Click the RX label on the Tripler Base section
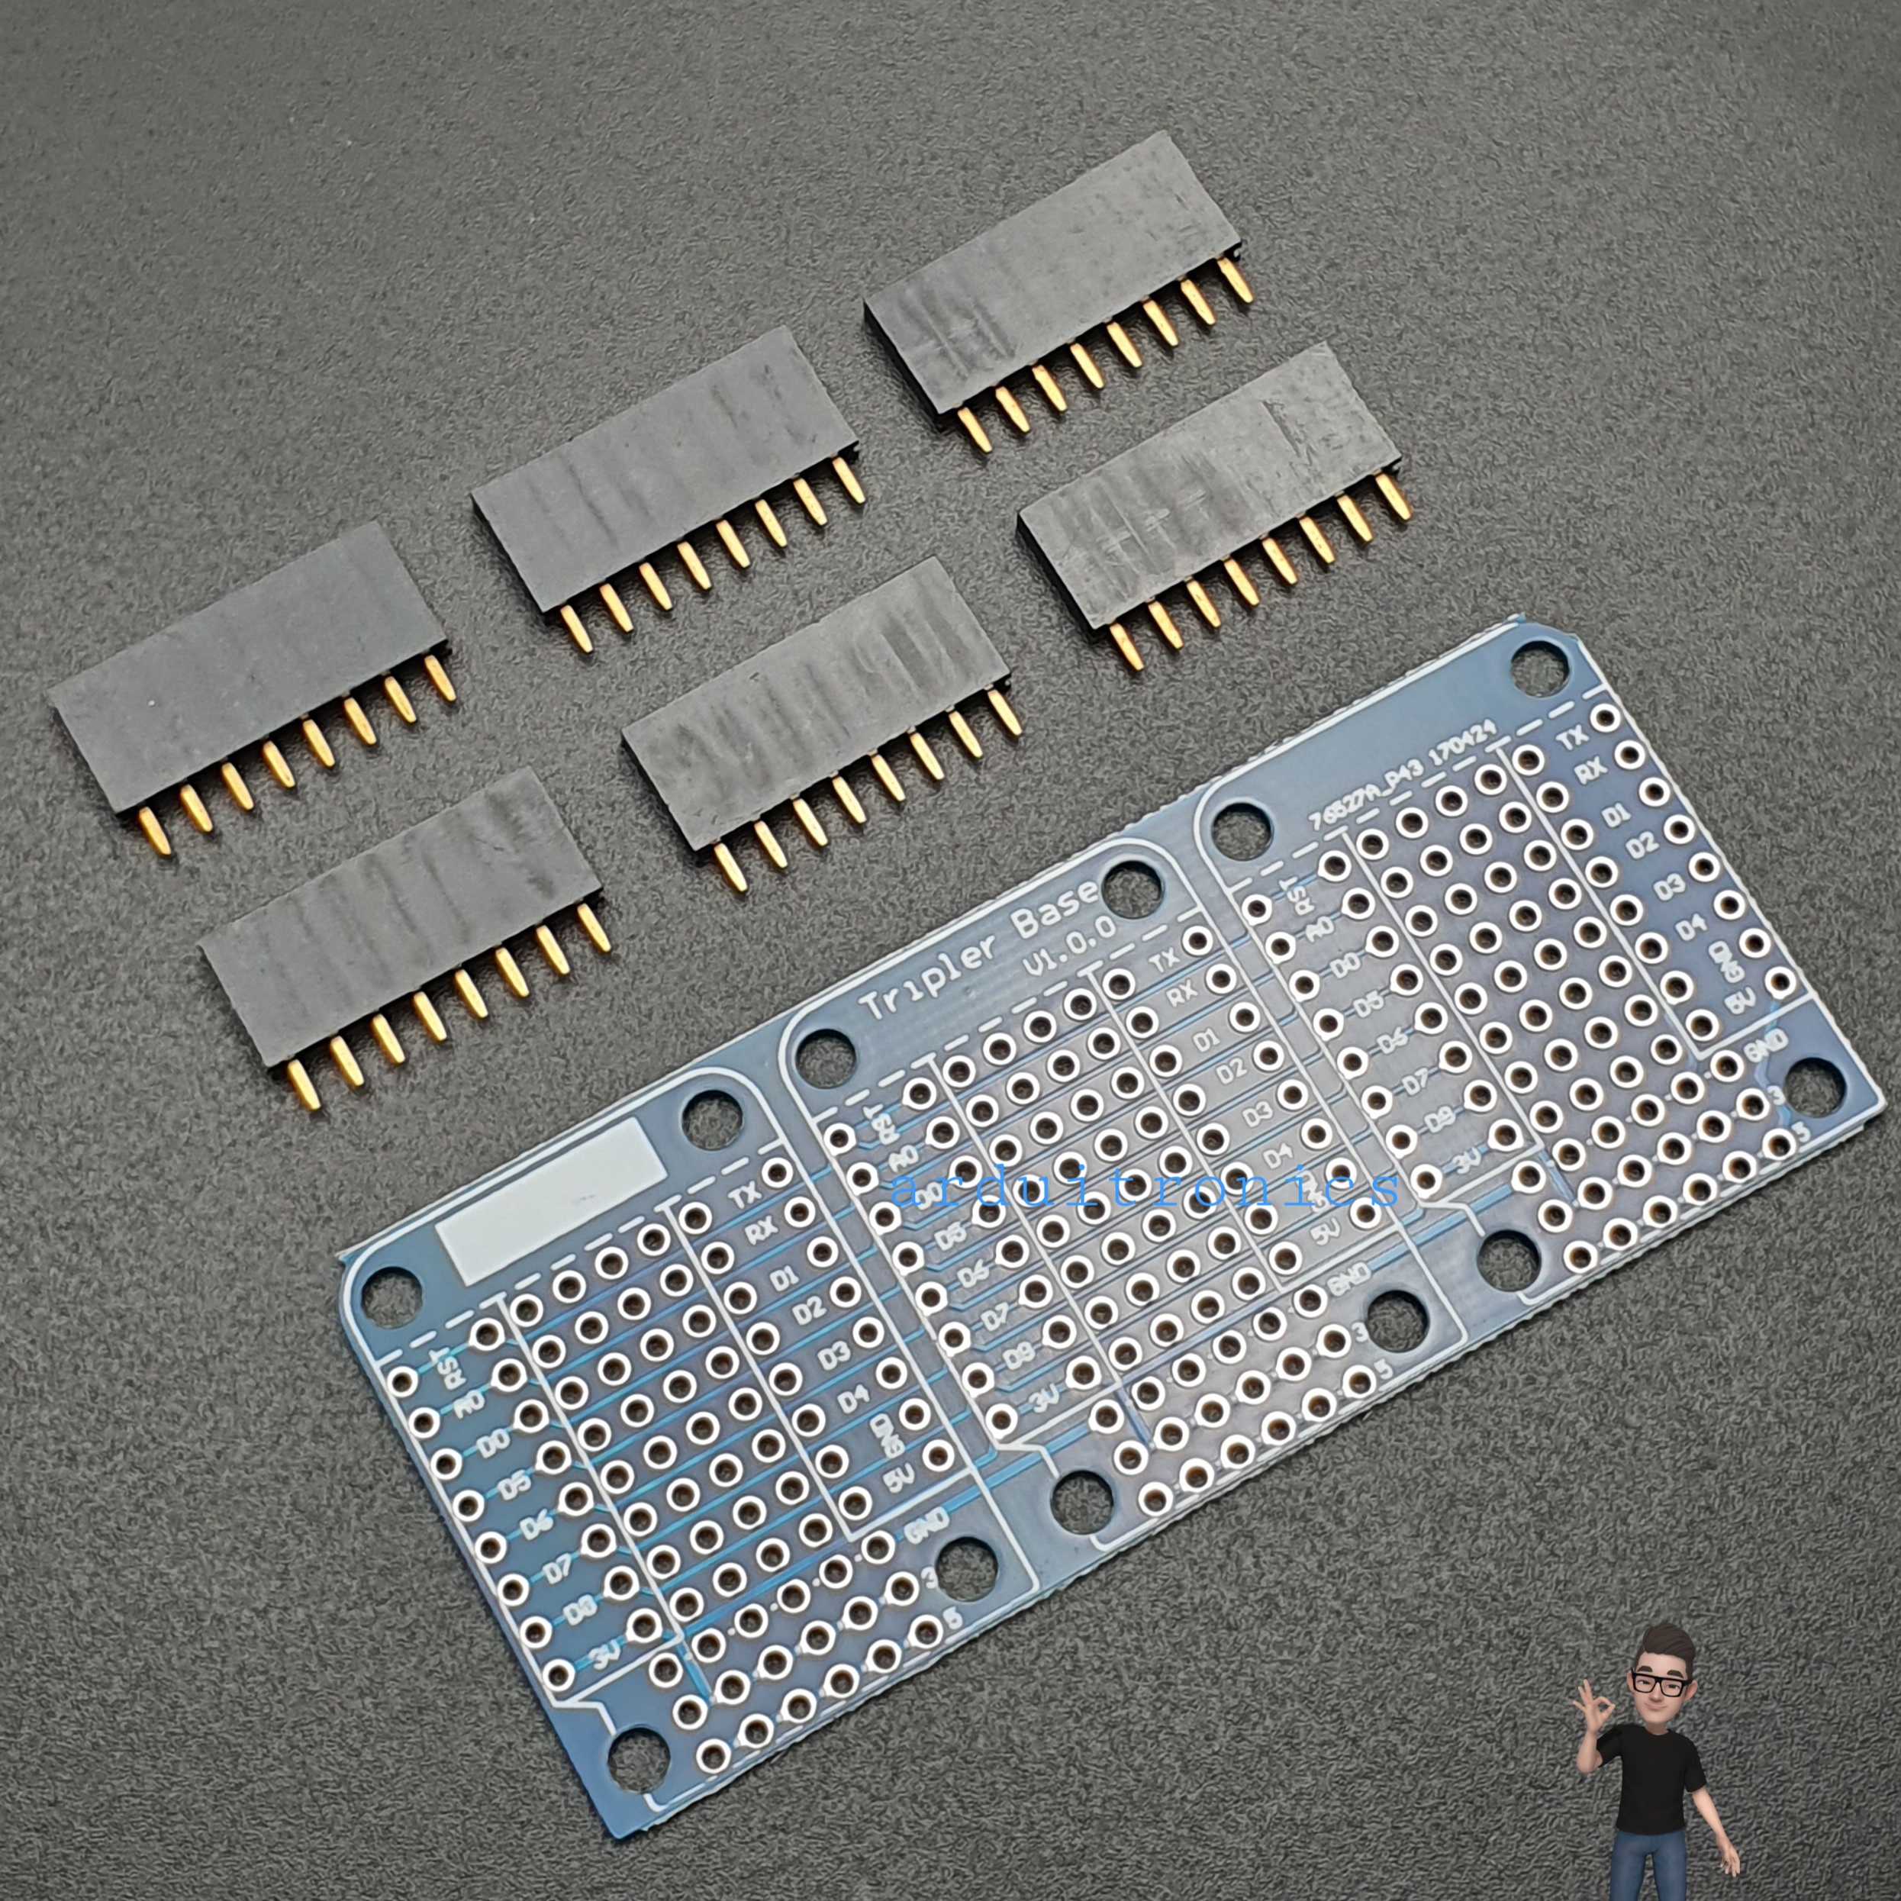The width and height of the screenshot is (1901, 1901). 1181,995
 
